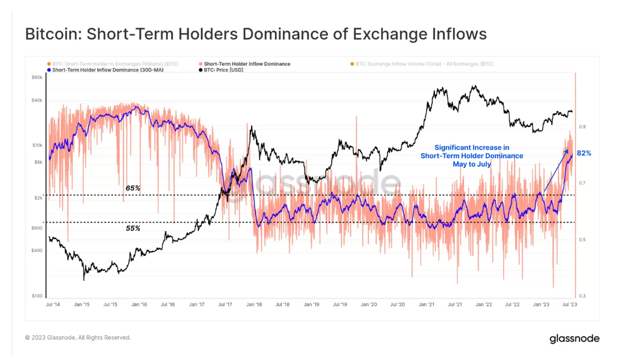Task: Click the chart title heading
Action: (256, 34)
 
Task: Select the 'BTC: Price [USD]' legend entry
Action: (223, 70)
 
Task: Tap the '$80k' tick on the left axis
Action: (37, 78)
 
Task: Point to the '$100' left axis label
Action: (37, 296)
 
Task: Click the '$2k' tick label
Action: (38, 198)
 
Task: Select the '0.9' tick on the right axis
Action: (583, 126)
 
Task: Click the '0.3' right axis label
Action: (583, 296)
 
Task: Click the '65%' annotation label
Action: (133, 188)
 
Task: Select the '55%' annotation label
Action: (133, 228)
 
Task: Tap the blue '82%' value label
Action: (584, 153)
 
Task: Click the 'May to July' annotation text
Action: (471, 164)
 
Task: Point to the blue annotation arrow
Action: (555, 171)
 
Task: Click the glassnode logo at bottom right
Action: (574, 339)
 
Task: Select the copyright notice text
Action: (78, 338)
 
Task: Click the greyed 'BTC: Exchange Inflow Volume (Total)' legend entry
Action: (424, 64)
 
